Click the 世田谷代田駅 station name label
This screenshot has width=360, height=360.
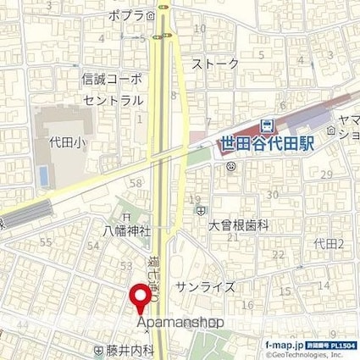point(265,145)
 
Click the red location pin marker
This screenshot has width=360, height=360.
point(140,299)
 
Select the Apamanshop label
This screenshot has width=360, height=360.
point(179,323)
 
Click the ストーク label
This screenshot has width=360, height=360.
point(215,64)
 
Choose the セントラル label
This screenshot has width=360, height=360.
point(113,99)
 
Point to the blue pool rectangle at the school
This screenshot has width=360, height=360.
point(42,175)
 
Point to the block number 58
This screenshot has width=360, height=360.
point(135,183)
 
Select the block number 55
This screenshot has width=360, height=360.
point(46,243)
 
